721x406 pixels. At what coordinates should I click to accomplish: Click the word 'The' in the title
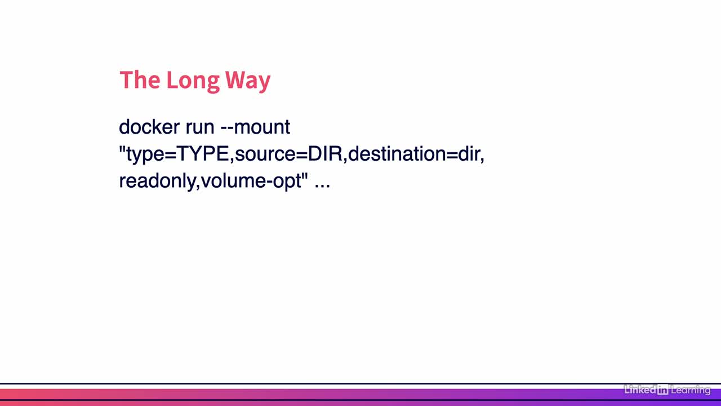(140, 80)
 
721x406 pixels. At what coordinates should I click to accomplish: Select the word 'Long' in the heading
(193, 82)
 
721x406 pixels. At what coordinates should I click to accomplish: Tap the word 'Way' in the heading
(248, 82)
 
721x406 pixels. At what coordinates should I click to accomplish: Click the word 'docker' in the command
(149, 127)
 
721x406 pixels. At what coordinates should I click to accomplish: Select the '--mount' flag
(255, 127)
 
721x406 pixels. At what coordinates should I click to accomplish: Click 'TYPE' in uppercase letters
(202, 153)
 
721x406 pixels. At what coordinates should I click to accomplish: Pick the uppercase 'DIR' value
(325, 153)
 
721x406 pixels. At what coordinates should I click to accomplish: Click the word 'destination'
(397, 153)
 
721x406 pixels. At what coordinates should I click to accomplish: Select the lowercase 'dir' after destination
(469, 153)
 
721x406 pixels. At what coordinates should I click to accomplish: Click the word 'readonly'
(157, 182)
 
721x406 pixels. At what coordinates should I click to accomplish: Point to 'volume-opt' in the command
(251, 182)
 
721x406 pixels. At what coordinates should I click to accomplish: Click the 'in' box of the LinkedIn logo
(663, 390)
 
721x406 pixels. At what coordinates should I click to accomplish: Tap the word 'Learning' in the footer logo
(691, 390)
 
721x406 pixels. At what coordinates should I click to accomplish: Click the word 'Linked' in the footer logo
(640, 390)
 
